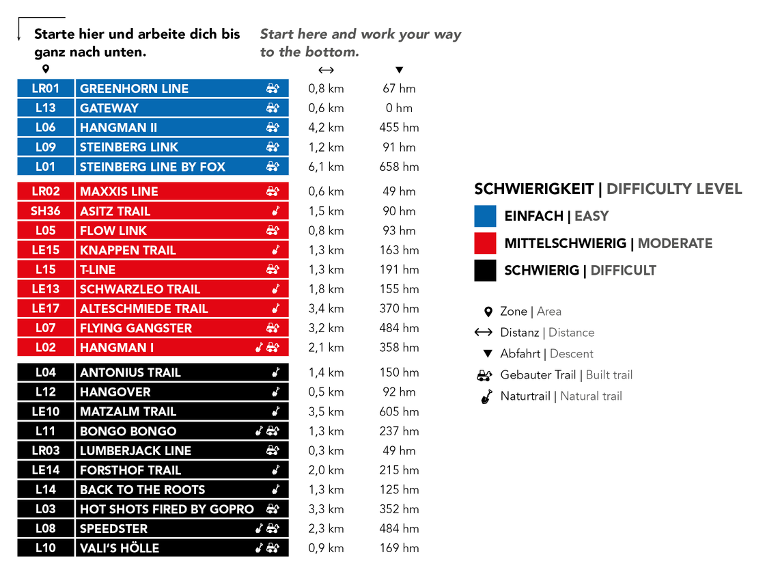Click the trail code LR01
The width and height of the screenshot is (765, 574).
pos(46,88)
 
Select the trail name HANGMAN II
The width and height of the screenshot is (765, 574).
pos(118,128)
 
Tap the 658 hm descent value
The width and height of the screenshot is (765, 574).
pos(399,167)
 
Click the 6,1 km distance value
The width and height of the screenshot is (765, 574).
pos(326,167)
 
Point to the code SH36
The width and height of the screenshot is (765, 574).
pos(46,211)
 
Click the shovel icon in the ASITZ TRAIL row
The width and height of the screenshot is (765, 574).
pos(276,211)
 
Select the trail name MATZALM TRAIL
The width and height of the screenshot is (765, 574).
pos(128,411)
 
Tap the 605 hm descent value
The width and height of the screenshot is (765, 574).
pos(399,411)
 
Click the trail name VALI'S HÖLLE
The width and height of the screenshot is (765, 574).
pos(120,548)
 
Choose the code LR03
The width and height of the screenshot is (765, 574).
pos(46,451)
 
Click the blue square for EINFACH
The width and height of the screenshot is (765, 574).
pos(485,216)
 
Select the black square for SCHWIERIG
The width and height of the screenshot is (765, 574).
pos(485,271)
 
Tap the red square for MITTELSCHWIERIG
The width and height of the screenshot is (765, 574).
pos(485,243)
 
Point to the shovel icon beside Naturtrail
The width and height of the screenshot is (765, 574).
pos(486,396)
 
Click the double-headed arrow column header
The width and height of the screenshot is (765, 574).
pos(326,70)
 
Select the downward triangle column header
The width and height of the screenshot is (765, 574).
pos(399,70)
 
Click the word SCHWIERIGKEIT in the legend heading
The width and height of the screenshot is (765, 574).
pos(533,189)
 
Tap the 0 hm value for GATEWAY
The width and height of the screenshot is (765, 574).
pos(399,108)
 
